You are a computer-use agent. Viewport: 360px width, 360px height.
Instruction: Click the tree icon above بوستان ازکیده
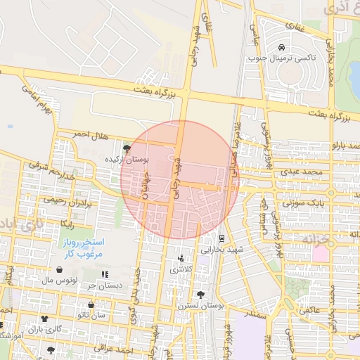click(x=127, y=148)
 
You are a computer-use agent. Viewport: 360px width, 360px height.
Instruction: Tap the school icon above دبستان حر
click(x=105, y=274)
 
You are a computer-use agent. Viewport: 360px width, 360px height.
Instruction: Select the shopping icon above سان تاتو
click(x=91, y=305)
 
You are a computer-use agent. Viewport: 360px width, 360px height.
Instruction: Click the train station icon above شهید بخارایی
click(x=221, y=238)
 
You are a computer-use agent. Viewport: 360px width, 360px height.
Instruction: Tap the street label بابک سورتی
click(x=302, y=202)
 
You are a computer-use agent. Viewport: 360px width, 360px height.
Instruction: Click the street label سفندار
click(x=255, y=316)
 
